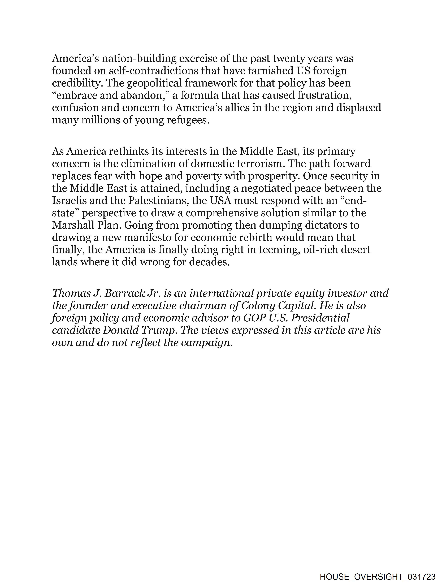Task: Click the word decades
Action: click(x=209, y=262)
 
